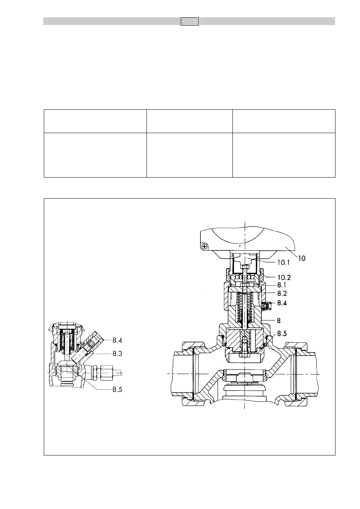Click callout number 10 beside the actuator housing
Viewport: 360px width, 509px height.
tap(302, 258)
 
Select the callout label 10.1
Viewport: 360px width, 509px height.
tap(283, 263)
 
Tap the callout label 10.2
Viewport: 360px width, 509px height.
tap(284, 277)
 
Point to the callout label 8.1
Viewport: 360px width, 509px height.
tap(282, 285)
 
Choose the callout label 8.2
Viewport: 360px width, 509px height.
tap(282, 293)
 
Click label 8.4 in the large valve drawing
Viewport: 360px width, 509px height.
tap(282, 303)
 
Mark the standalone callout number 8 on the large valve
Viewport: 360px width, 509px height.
tap(278, 320)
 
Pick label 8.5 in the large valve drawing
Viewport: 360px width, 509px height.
tap(282, 334)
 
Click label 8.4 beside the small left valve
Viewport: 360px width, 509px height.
tap(117, 340)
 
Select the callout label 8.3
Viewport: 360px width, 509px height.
tap(117, 354)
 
